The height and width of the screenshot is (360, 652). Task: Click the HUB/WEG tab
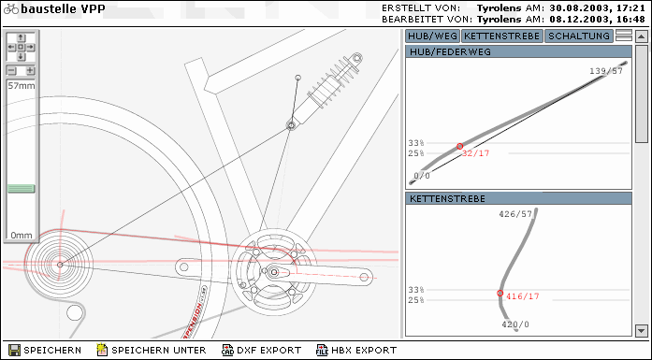coord(432,36)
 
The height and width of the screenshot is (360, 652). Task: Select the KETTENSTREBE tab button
coord(502,36)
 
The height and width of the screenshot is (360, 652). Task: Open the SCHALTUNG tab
coord(579,36)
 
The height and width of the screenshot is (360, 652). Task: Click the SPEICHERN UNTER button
coord(152,350)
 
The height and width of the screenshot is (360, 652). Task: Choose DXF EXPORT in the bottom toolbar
coord(262,350)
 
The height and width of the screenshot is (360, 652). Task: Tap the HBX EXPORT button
coord(356,350)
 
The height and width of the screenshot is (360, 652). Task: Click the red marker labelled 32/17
coord(459,146)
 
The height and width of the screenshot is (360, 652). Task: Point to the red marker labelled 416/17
coord(500,294)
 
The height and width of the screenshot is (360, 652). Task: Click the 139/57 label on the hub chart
coord(606,71)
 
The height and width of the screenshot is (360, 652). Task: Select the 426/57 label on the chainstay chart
coord(515,214)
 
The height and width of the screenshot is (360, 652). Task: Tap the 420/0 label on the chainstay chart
coord(515,324)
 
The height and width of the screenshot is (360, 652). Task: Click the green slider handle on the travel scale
coord(22,189)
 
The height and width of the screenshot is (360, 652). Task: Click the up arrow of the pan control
coord(21,38)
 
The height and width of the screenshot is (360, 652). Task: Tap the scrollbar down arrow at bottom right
coord(641,331)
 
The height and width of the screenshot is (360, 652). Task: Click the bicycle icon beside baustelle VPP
coord(11,8)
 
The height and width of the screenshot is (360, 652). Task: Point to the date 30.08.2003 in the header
coord(578,7)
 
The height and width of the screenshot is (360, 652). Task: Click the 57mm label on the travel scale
coord(22,86)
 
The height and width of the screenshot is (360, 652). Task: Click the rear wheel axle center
coord(60,265)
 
